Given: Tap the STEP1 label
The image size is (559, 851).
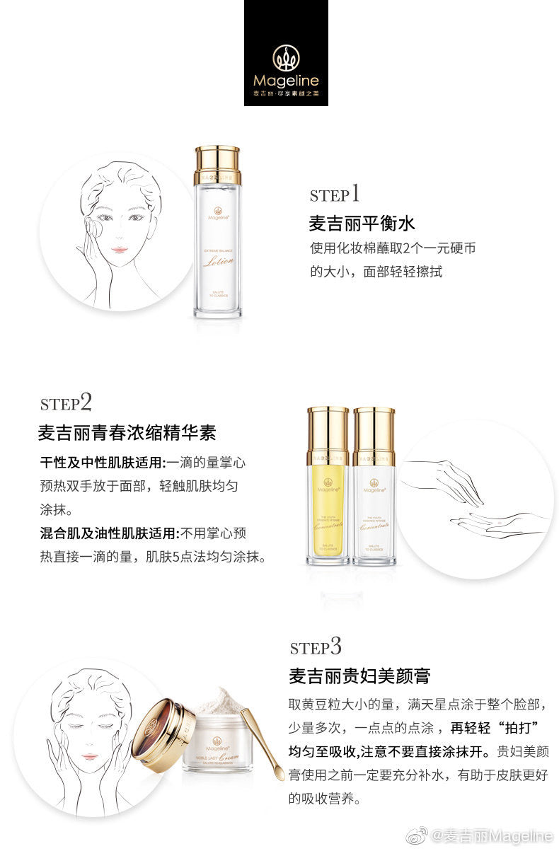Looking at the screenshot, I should click(x=335, y=194).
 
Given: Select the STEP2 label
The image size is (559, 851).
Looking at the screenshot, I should click(x=66, y=403).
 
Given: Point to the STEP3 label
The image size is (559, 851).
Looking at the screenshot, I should click(x=316, y=647).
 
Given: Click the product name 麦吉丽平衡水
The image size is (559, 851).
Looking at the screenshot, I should click(x=362, y=224).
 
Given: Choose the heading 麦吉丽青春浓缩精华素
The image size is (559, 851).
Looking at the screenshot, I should click(x=127, y=432).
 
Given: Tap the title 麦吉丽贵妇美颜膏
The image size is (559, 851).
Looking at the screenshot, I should click(x=359, y=676).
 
